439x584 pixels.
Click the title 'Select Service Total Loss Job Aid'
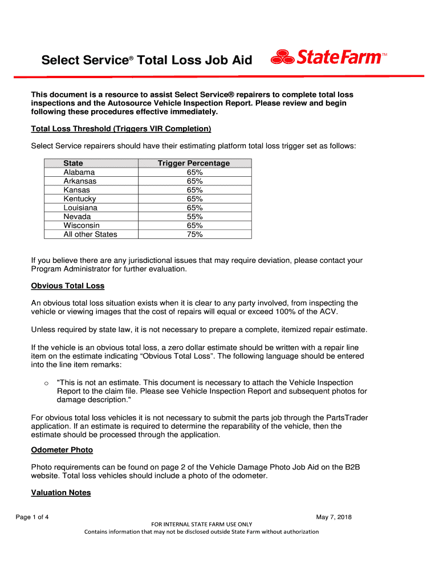coord(147,60)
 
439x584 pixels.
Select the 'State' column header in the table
coord(73,163)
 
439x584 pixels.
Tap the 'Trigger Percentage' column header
coord(194,163)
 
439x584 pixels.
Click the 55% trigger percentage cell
coord(194,217)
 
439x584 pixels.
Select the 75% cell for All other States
coord(194,234)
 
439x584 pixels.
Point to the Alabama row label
coord(79,172)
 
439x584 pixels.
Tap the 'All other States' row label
coord(90,234)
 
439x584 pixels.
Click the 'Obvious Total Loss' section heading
coord(68,286)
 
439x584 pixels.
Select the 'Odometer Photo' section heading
coord(62,450)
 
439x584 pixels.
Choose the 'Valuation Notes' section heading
coord(61,492)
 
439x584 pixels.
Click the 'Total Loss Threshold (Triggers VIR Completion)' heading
coord(121,128)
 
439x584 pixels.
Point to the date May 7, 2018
coord(334,517)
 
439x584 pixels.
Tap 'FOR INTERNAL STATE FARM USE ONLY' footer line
coord(201,524)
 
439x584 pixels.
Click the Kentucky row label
coord(80,199)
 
